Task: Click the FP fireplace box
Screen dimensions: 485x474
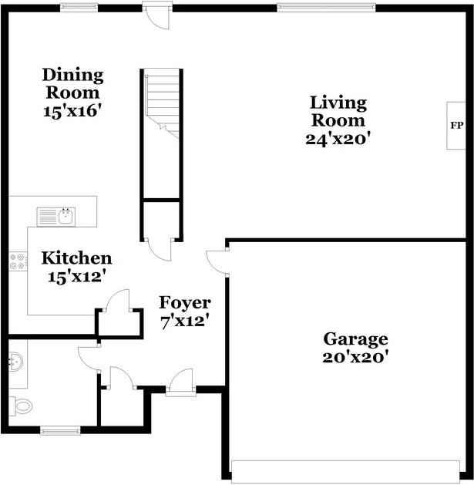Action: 456,125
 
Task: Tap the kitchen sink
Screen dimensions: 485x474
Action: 57,215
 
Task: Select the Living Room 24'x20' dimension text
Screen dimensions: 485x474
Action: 338,139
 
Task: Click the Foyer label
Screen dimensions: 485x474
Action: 184,301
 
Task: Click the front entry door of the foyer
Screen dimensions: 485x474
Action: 180,383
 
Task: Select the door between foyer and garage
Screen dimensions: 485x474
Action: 218,262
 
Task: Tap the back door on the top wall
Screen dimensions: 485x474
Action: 156,15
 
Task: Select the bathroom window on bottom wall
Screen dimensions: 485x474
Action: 60,429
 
